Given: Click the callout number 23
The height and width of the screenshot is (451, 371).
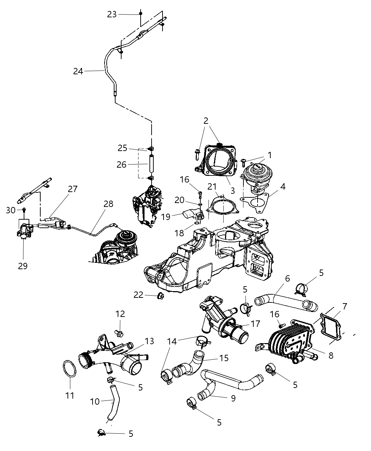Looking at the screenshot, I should (x=112, y=14).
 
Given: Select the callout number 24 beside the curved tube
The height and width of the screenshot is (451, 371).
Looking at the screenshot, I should (x=78, y=71).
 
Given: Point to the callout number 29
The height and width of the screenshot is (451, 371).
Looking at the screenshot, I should (x=23, y=266).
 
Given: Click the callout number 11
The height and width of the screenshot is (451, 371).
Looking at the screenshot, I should (x=70, y=395).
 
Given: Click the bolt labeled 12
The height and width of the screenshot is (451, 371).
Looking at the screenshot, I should (x=119, y=333).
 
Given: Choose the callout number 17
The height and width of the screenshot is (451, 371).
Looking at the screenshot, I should (x=255, y=323).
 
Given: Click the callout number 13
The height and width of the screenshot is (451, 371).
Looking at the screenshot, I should (x=149, y=341).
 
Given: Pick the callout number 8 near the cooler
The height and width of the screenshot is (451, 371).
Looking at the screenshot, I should (x=331, y=355).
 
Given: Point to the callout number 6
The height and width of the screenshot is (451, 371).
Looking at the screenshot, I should (x=287, y=278).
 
